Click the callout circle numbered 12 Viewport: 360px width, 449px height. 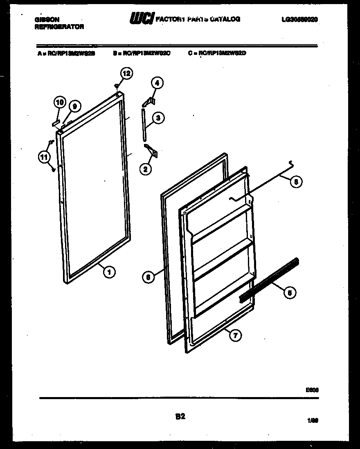[x=127, y=74]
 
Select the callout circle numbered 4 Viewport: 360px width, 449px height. [x=157, y=83]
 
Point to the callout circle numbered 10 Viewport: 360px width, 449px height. [x=59, y=103]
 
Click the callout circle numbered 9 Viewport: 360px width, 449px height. [x=74, y=107]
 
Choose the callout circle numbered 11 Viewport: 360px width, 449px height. [x=45, y=156]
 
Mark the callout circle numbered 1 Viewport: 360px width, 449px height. [x=109, y=271]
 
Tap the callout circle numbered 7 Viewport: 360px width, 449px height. [x=235, y=336]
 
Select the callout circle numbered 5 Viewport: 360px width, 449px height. [x=290, y=292]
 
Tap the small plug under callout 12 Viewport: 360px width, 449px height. [x=117, y=86]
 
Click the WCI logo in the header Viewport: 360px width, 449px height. [x=141, y=19]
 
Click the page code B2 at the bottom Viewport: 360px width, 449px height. [x=180, y=417]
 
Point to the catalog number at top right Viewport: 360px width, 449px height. [x=299, y=19]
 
